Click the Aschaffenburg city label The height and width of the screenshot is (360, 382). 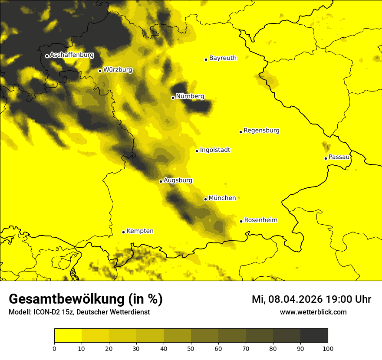click(72, 55)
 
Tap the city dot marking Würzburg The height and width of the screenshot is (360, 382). click(100, 71)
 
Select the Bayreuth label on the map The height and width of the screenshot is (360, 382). click(223, 58)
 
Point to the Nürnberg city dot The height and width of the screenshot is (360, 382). click(173, 98)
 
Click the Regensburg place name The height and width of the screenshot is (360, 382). click(261, 131)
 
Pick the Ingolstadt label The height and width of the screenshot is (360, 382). click(215, 150)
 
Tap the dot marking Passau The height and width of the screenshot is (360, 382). click(326, 158)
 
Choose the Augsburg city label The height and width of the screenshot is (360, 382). click(178, 180)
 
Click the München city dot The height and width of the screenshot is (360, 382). click(205, 199)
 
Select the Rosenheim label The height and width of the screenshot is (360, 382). click(260, 220)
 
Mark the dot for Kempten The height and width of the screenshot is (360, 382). click(123, 232)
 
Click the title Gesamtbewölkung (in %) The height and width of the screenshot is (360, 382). click(86, 299)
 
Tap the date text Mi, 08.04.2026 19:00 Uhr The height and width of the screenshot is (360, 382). click(311, 299)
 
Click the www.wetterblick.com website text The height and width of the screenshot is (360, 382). click(313, 312)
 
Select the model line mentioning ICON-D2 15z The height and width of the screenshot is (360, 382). click(79, 312)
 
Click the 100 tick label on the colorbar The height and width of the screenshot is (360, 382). click(328, 348)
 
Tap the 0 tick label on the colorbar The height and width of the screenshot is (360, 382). click(54, 348)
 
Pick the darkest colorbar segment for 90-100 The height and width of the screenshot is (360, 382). click(314, 336)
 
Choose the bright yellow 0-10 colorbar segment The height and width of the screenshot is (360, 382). click(68, 336)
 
